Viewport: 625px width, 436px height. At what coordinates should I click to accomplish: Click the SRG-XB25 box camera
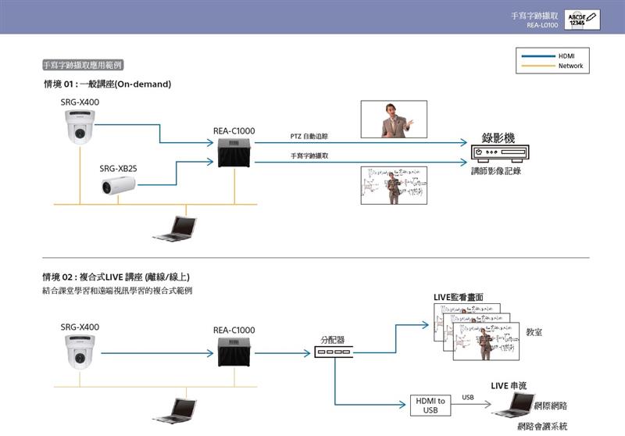118,185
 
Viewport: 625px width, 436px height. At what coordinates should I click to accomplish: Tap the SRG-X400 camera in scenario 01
80,127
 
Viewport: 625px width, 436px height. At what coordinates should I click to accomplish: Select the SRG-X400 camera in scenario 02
80,352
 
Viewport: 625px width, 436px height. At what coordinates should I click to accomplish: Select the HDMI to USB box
430,405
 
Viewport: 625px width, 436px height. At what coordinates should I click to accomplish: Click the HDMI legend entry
566,56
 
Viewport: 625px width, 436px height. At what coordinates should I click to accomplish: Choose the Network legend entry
570,66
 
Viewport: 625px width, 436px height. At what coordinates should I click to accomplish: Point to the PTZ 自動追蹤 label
309,137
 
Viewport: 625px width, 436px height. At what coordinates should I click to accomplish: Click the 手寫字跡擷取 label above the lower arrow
309,156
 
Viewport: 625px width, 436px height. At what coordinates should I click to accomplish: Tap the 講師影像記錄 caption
495,170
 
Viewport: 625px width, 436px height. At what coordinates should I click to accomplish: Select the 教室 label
534,332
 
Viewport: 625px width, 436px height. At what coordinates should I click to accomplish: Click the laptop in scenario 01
174,227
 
